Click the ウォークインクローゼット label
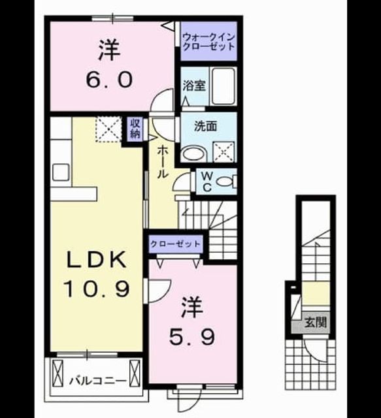208,42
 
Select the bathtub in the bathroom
224,86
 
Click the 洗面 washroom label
205,126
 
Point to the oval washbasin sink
194,154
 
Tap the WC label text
207,182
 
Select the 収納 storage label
135,129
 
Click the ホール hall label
163,162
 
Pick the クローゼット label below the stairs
175,244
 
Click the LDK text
96,259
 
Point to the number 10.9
96,289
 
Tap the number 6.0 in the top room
109,80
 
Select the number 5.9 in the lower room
192,338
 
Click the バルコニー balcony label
98,380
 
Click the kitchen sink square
61,172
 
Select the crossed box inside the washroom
224,152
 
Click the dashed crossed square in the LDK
108,129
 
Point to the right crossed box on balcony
135,373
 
